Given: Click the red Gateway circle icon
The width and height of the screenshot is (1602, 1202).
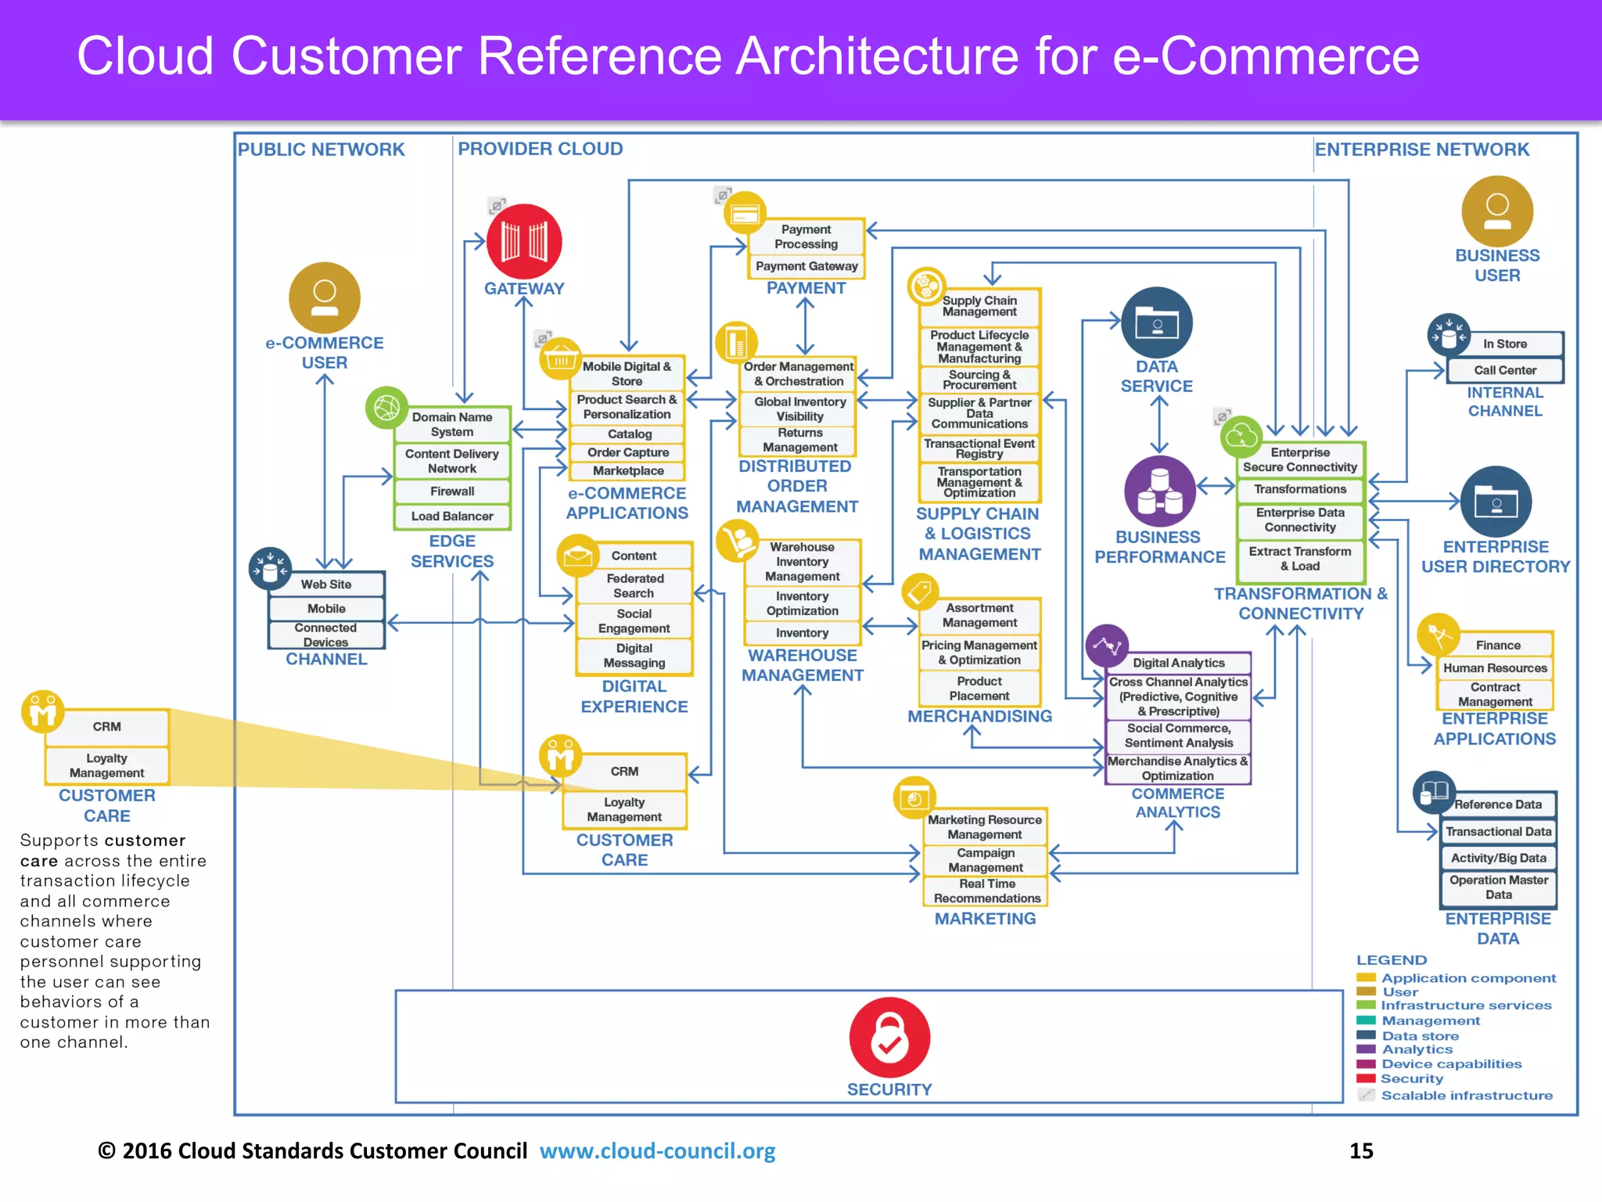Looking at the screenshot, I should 524,241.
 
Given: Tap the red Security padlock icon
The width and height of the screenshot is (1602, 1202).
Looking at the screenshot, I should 889,1037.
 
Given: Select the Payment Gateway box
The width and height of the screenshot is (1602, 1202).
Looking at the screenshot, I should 806,266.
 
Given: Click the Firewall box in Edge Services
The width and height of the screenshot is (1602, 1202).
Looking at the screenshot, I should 452,491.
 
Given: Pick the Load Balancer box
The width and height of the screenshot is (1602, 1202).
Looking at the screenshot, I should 452,516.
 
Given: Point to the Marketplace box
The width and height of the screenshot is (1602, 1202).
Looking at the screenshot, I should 627,471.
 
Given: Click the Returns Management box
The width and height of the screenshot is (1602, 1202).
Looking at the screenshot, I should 799,440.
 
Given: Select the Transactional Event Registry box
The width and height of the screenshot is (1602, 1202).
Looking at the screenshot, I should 979,448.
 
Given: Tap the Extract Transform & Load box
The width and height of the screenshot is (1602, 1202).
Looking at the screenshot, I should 1299,559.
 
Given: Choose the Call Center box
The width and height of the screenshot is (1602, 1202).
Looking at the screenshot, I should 1504,370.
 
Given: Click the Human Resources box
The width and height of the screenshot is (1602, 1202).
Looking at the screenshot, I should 1495,668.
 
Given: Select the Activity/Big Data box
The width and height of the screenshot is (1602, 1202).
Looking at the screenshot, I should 1498,858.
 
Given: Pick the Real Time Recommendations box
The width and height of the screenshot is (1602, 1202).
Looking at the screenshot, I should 986,891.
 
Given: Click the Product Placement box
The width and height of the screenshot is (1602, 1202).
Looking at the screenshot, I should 979,689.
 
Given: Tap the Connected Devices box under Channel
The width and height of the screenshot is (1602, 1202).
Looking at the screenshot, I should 325,635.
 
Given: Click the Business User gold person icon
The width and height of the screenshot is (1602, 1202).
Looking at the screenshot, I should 1496,211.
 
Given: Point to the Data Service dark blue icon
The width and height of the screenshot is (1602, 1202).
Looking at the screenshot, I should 1156,322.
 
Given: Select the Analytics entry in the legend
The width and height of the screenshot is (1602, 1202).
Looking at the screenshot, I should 1417,1049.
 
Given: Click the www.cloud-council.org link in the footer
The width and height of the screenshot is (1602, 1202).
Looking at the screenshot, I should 657,1151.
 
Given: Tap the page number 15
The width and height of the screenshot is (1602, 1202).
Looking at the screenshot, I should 1361,1151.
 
